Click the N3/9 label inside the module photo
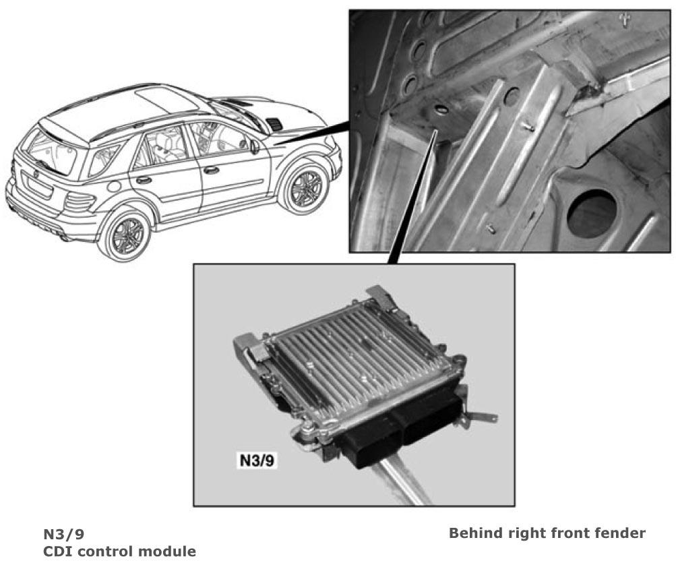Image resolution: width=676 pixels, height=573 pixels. point(257,460)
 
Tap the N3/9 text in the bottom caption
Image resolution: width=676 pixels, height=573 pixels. point(64,534)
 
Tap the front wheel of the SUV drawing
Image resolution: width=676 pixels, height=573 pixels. point(305,187)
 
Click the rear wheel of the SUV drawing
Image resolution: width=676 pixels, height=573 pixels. point(125,235)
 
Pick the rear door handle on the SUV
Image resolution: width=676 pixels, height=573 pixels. point(144,179)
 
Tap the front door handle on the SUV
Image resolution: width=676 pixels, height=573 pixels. point(211,170)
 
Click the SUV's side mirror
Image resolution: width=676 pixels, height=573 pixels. point(255,146)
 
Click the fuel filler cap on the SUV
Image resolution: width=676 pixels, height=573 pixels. point(115,186)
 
